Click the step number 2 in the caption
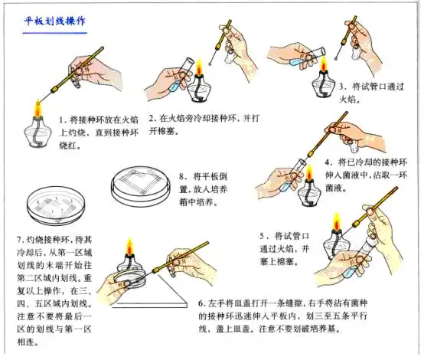click(x=152, y=119)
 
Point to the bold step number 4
click(x=327, y=163)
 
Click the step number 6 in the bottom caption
click(x=201, y=303)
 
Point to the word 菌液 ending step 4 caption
click(x=338, y=189)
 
